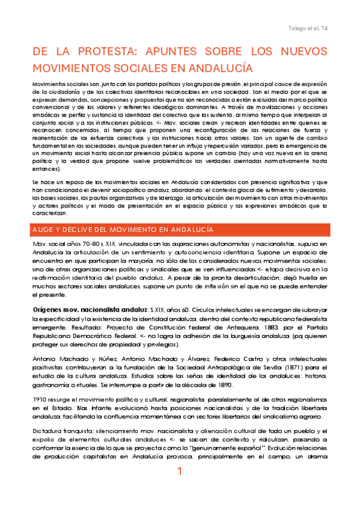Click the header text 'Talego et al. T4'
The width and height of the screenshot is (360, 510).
(x=307, y=28)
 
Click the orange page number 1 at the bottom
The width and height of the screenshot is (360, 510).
(x=180, y=489)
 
